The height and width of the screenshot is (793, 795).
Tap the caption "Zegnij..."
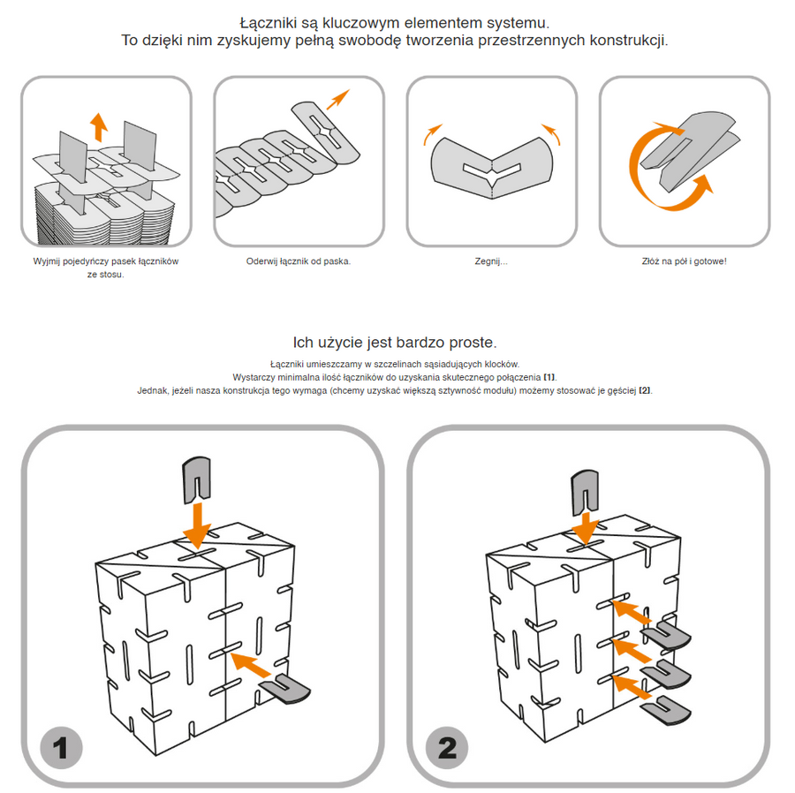click(491, 262)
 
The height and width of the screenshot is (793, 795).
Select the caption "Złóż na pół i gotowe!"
click(684, 262)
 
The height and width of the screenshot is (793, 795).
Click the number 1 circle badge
click(61, 749)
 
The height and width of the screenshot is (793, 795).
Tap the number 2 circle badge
click(447, 749)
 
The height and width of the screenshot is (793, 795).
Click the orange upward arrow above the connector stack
click(99, 125)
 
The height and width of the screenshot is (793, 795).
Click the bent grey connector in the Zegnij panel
click(492, 164)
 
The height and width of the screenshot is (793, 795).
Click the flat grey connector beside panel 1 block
click(285, 688)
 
